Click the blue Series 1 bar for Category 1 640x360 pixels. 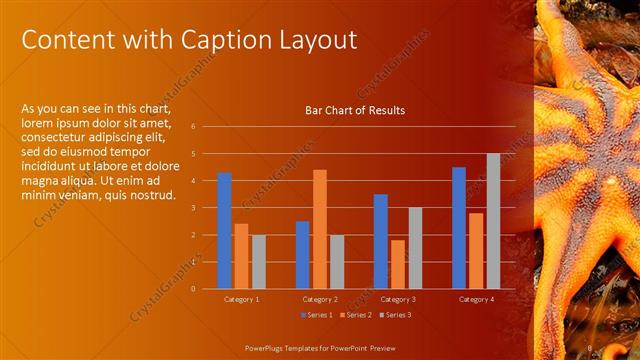[225, 230]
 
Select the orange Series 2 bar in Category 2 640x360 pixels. [320, 229]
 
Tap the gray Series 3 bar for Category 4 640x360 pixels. [493, 221]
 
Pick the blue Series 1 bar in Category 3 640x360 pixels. [381, 241]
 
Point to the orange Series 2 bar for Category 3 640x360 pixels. [398, 264]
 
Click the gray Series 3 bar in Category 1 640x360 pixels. [259, 261]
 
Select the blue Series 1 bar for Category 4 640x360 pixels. [459, 227]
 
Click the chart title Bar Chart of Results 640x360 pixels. [355, 111]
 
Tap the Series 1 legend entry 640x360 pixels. [319, 315]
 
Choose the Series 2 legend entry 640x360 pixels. [356, 315]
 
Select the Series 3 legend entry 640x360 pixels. [393, 315]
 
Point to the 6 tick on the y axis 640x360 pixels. [206, 127]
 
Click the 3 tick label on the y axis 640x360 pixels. [206, 208]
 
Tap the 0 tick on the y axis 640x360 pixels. [206, 289]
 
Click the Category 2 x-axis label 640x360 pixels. [320, 299]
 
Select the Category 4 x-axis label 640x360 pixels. [476, 299]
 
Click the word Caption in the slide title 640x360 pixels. [228, 40]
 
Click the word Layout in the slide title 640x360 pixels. [318, 40]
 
